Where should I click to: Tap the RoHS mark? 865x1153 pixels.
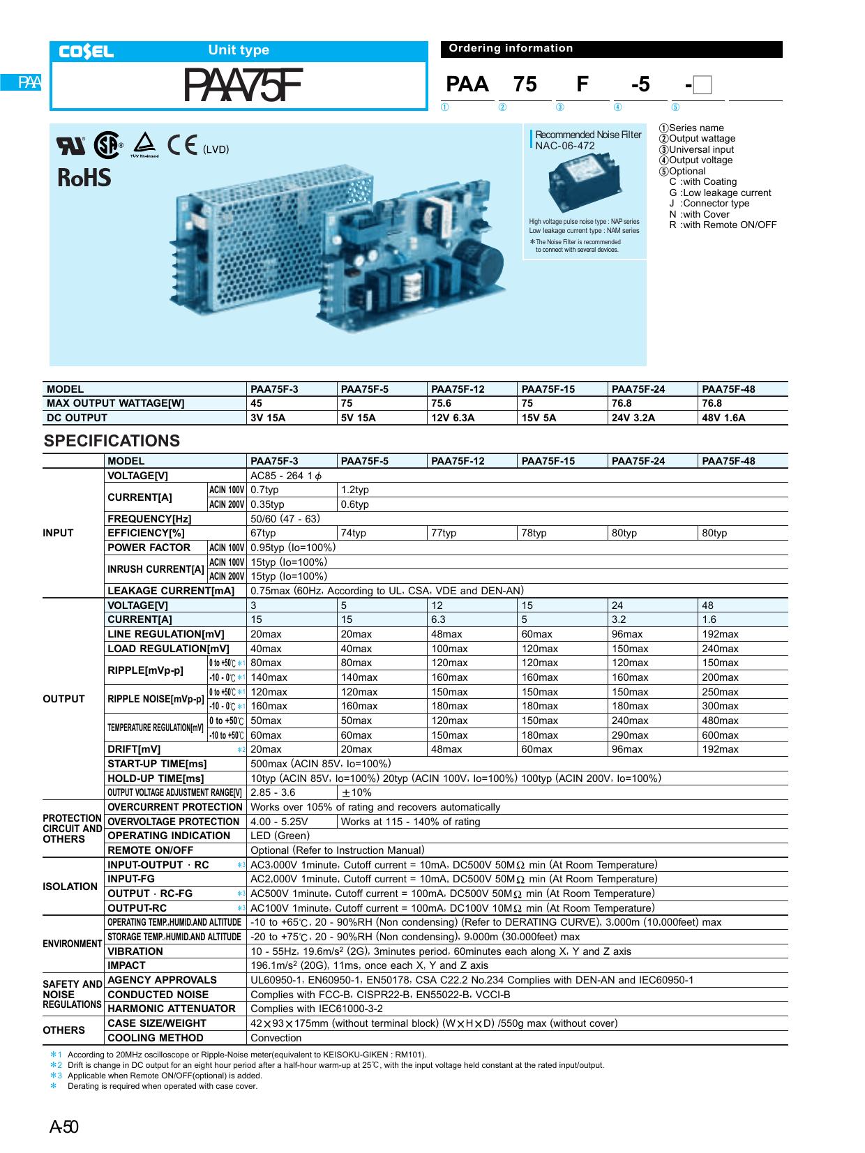tap(84, 179)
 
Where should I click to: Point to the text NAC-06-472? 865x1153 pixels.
tap(565, 146)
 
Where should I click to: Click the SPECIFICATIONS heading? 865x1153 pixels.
tap(112, 441)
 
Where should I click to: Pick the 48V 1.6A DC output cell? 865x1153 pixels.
tap(724, 418)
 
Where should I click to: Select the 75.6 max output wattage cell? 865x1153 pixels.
tap(442, 403)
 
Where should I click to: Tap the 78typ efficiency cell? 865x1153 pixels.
tap(534, 533)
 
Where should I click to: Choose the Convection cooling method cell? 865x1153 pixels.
tap(276, 1037)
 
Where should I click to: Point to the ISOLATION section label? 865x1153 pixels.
tap(70, 887)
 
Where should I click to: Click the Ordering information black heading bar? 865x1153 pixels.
tap(611, 49)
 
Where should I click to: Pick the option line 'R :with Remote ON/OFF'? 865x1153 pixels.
tap(722, 225)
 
